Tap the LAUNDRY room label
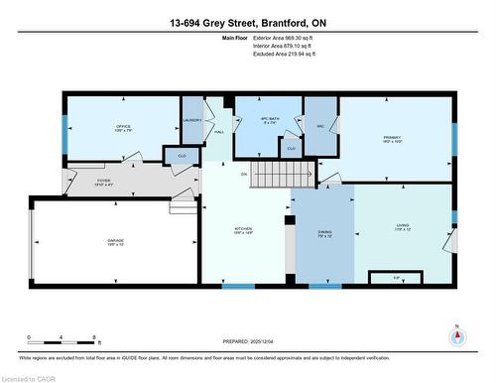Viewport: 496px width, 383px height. click(192, 119)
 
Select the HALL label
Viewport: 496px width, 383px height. click(219, 131)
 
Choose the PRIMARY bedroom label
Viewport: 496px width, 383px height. click(394, 139)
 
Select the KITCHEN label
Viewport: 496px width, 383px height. click(243, 229)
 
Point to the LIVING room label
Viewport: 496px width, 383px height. click(401, 229)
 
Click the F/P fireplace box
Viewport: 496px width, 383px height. click(397, 277)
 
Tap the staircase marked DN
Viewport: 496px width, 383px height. click(272, 177)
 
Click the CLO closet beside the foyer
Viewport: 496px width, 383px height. click(182, 156)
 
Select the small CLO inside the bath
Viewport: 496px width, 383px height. click(291, 148)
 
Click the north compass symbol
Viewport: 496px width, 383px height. click(456, 338)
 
